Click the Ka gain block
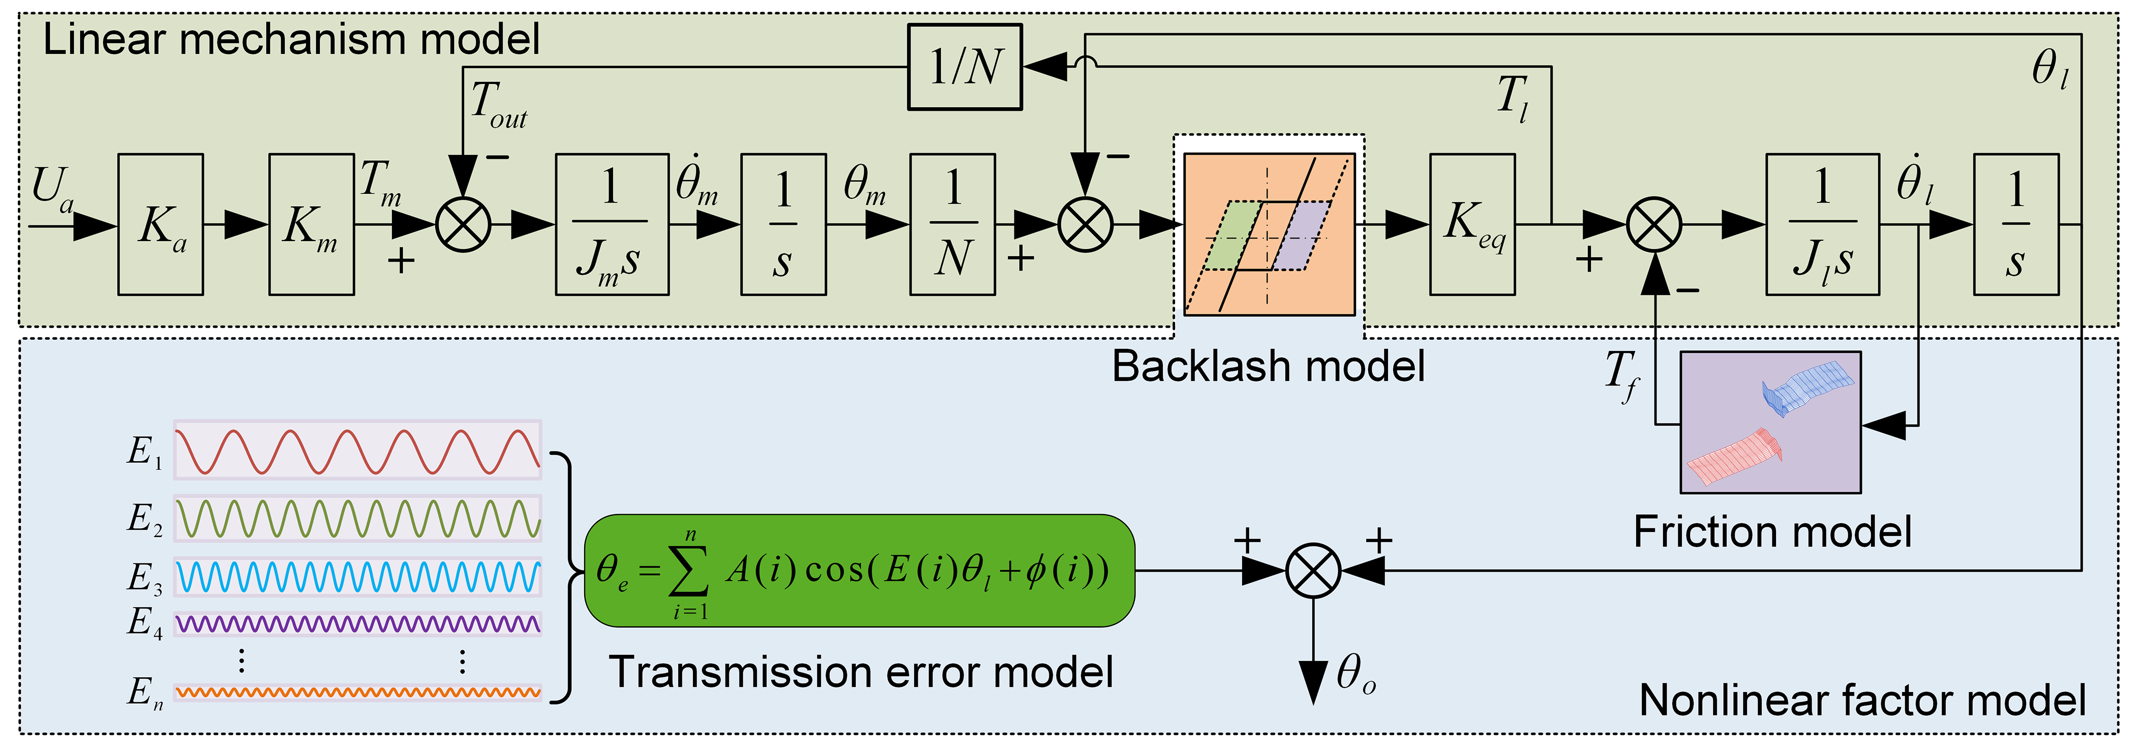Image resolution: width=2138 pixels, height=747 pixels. click(160, 224)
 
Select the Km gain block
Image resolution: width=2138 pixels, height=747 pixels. click(311, 224)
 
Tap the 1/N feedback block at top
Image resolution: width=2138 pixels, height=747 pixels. click(965, 67)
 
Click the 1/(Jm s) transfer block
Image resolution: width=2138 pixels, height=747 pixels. click(612, 224)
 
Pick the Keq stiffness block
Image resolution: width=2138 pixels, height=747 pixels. click(1471, 224)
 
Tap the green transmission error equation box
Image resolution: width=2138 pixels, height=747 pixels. click(859, 570)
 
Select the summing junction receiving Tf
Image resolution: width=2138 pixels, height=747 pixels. click(1654, 224)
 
